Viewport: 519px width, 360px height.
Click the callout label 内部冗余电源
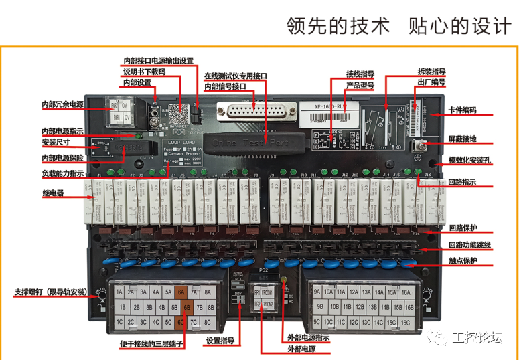62,105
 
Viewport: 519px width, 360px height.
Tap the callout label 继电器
52,193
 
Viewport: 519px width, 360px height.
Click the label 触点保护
463,261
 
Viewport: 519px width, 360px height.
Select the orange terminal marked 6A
181,292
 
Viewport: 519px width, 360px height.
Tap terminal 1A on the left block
120,292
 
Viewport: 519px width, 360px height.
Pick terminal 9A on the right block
317,292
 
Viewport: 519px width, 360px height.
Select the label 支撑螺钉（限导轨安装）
50,292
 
